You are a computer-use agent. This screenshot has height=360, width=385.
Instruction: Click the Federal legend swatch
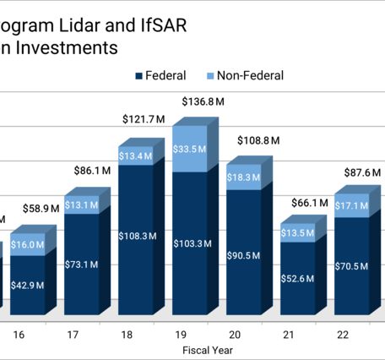(x=139, y=76)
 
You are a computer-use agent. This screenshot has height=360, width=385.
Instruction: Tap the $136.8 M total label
(x=203, y=102)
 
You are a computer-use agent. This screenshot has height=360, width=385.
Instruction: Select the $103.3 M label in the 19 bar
(x=190, y=243)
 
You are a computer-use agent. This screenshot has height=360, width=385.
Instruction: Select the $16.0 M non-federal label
(x=28, y=244)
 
